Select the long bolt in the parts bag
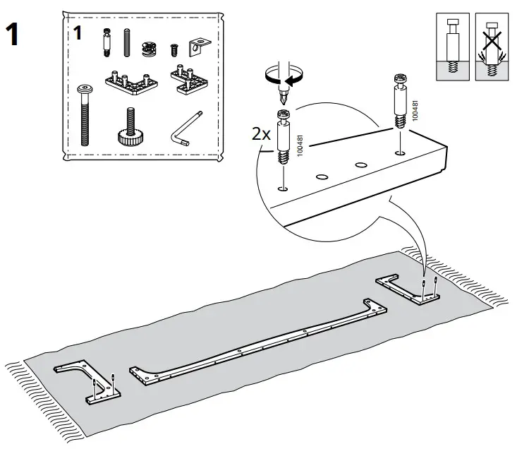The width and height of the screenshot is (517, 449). [x=84, y=114]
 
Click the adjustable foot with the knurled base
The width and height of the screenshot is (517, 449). [x=130, y=126]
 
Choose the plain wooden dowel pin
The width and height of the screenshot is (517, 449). [x=127, y=45]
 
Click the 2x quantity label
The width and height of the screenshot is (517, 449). [x=261, y=134]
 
